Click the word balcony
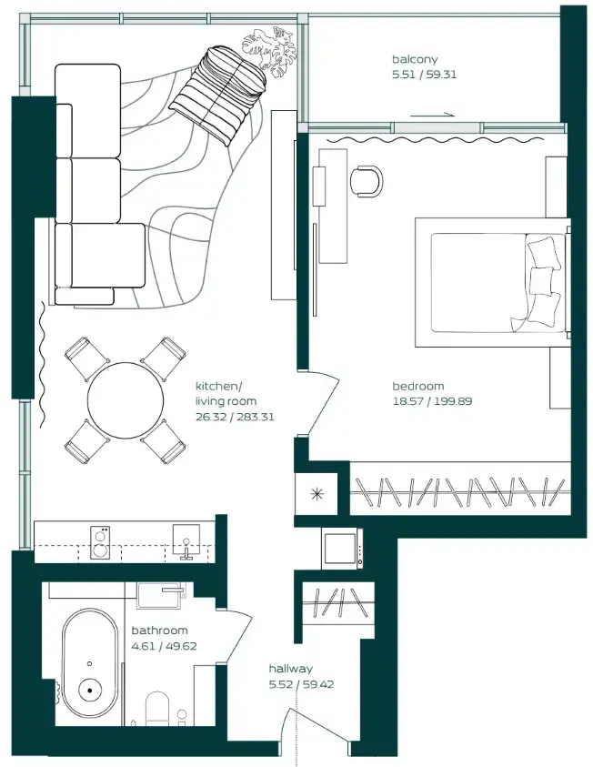tap(415, 60)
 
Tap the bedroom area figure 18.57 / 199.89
tap(432, 401)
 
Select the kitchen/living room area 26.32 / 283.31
tap(235, 417)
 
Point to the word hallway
tap(290, 669)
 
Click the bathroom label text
tap(159, 630)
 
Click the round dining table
tap(126, 399)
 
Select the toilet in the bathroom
tap(157, 708)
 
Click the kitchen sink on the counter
tap(186, 541)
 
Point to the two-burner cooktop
tap(100, 542)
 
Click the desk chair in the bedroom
tap(367, 181)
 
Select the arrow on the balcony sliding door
tap(433, 116)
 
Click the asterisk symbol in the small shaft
tap(317, 493)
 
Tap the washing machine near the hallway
tap(342, 549)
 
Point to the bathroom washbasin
tap(159, 595)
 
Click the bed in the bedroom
tap(493, 283)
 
